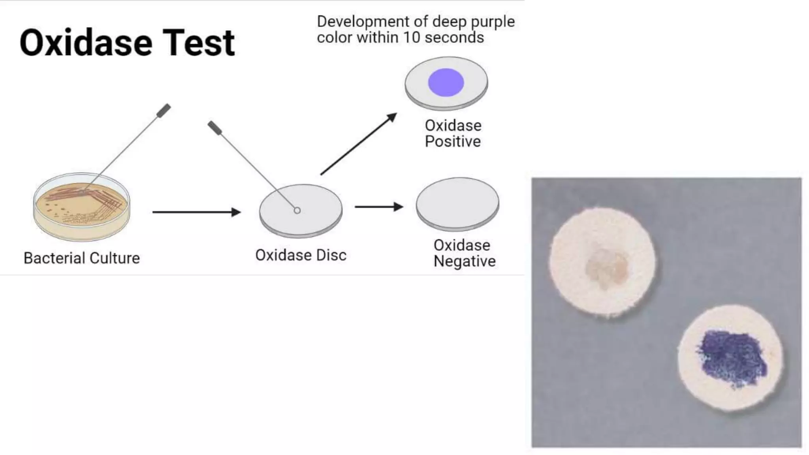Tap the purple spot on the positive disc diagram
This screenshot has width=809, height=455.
(446, 82)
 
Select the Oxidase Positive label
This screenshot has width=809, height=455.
(453, 133)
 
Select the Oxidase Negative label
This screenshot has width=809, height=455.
(464, 253)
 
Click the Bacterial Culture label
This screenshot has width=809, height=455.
(82, 258)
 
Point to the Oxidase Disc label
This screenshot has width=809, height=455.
(301, 255)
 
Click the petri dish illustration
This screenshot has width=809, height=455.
(82, 207)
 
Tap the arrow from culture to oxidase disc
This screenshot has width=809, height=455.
(196, 212)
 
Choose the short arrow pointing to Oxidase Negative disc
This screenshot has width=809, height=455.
(378, 207)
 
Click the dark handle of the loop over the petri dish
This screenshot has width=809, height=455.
(164, 111)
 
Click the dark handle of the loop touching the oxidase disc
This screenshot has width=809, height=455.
(215, 128)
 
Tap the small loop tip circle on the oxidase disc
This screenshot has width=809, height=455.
(297, 211)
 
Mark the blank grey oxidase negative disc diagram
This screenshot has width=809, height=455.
(457, 203)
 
